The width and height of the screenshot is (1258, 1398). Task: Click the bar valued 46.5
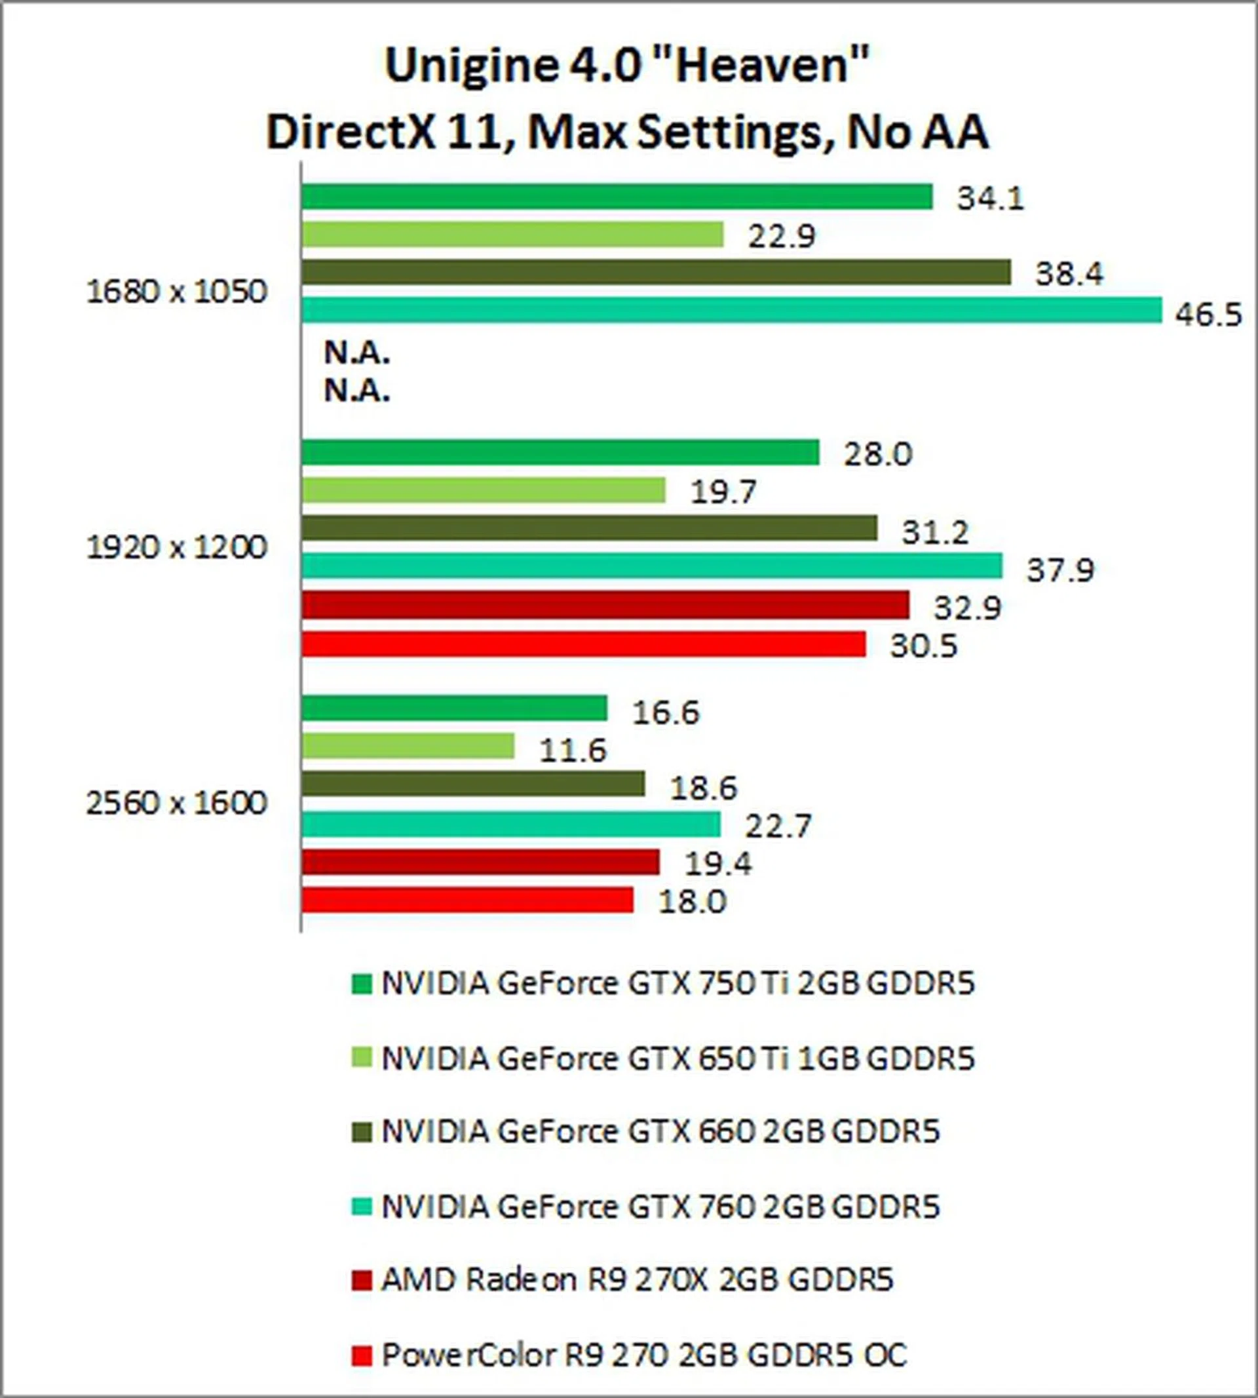coord(731,310)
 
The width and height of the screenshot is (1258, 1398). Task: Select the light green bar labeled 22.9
coord(512,235)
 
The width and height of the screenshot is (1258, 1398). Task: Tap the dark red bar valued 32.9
coord(605,605)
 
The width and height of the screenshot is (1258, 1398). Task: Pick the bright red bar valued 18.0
coord(467,899)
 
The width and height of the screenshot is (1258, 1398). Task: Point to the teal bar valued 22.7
coord(511,824)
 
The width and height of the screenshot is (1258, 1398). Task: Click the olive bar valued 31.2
coord(589,528)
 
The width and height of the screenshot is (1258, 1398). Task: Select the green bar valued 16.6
coord(454,708)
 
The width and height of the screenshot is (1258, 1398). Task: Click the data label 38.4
coord(1069,274)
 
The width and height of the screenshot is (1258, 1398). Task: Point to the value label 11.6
coord(572,750)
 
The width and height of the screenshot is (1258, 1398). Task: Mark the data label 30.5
coord(923,646)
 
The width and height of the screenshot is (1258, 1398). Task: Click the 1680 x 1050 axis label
coord(176,292)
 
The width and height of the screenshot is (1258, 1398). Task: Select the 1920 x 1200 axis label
coord(176,547)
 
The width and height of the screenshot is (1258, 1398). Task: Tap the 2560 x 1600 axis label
coord(176,804)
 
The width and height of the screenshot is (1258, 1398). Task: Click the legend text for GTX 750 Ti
coord(678,983)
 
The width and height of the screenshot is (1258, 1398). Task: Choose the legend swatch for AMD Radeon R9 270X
coord(362,1280)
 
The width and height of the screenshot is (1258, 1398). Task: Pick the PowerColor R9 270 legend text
coord(643,1355)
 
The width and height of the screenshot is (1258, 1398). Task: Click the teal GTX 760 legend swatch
coord(362,1207)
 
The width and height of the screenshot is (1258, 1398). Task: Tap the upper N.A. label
coord(356,353)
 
